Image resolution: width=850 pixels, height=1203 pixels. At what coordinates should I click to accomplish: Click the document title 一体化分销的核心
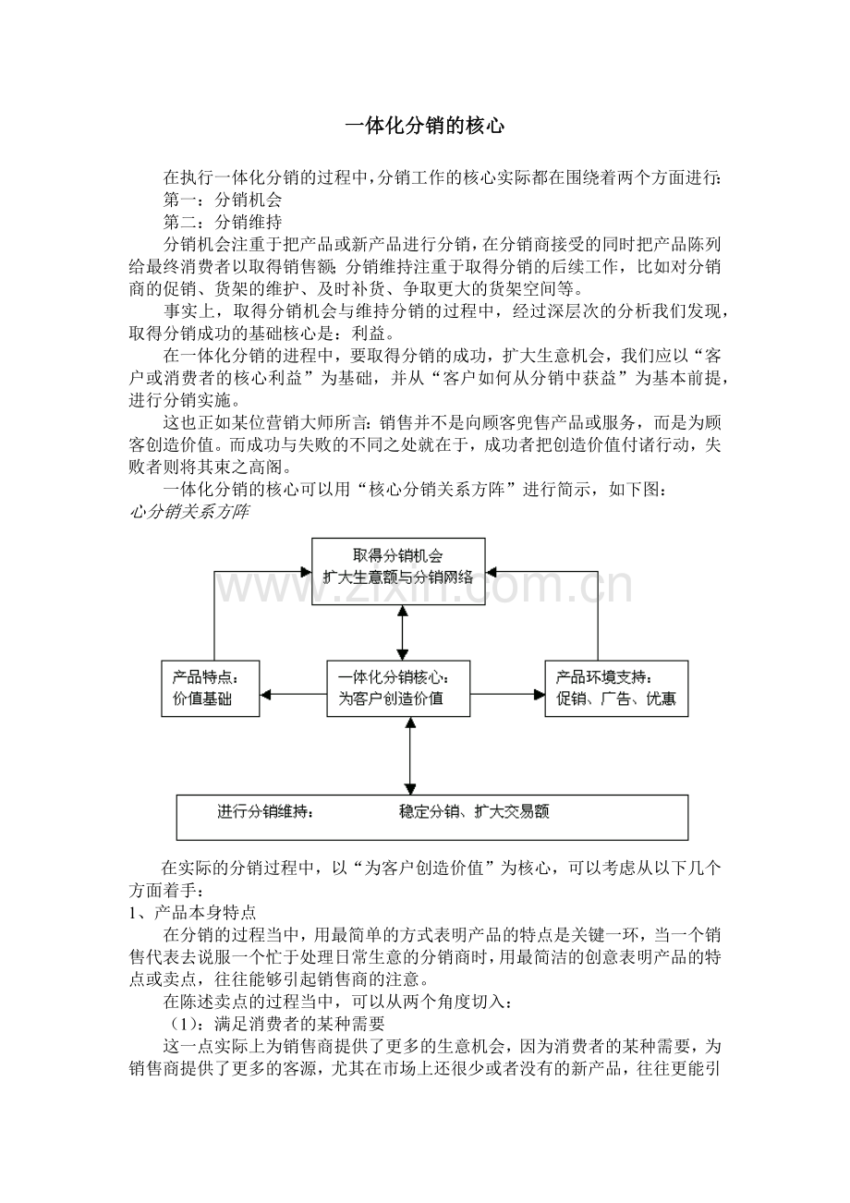pyautogui.click(x=425, y=127)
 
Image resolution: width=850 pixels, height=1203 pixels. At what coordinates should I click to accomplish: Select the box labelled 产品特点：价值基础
pyautogui.click(x=210, y=688)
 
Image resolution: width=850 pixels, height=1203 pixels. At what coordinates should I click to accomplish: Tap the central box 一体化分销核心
pyautogui.click(x=398, y=688)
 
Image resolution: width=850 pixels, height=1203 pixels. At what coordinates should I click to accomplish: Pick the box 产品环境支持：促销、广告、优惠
pyautogui.click(x=616, y=688)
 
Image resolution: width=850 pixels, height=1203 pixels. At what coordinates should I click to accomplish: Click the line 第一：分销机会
pyautogui.click(x=223, y=199)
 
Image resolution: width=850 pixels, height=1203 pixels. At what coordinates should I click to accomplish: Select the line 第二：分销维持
pyautogui.click(x=223, y=222)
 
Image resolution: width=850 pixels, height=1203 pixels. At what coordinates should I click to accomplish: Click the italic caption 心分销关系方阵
pyautogui.click(x=188, y=511)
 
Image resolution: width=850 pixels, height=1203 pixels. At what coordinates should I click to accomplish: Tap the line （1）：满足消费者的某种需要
pyautogui.click(x=273, y=1024)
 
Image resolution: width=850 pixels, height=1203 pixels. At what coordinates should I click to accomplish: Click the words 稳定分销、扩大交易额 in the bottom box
pyautogui.click(x=474, y=812)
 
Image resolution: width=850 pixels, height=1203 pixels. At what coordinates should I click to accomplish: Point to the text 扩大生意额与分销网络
pyautogui.click(x=398, y=577)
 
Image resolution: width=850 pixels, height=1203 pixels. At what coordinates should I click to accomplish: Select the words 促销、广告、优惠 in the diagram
pyautogui.click(x=616, y=699)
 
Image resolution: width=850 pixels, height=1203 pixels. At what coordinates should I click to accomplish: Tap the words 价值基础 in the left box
pyautogui.click(x=202, y=699)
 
